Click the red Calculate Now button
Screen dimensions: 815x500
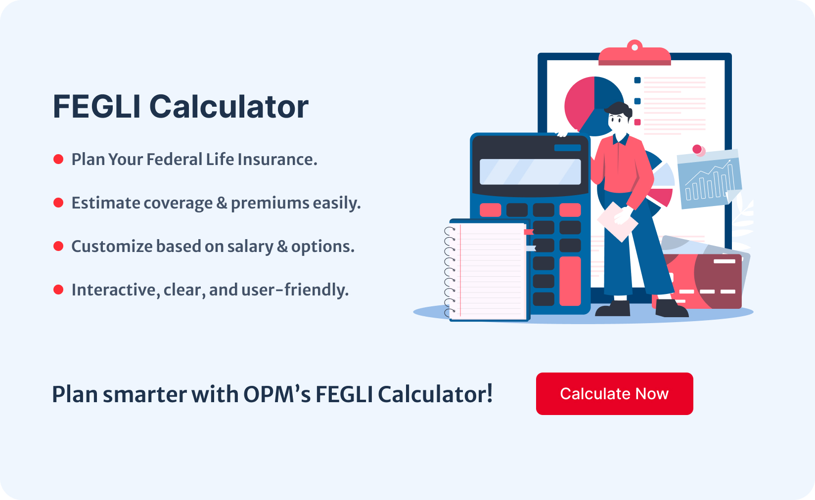point(615,394)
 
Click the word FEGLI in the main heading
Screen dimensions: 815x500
point(97,106)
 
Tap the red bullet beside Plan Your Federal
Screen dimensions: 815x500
point(58,159)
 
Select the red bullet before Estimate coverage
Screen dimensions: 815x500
point(58,203)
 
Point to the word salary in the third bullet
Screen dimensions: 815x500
point(250,247)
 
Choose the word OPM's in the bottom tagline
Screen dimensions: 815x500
point(277,394)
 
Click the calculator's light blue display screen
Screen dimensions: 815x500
point(530,171)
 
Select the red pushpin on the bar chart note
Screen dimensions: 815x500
point(698,149)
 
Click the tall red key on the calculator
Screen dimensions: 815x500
point(570,281)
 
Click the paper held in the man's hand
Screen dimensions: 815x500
point(617,221)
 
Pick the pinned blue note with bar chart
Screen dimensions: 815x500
point(709,179)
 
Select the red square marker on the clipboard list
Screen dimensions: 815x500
point(637,122)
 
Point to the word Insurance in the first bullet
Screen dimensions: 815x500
point(277,160)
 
